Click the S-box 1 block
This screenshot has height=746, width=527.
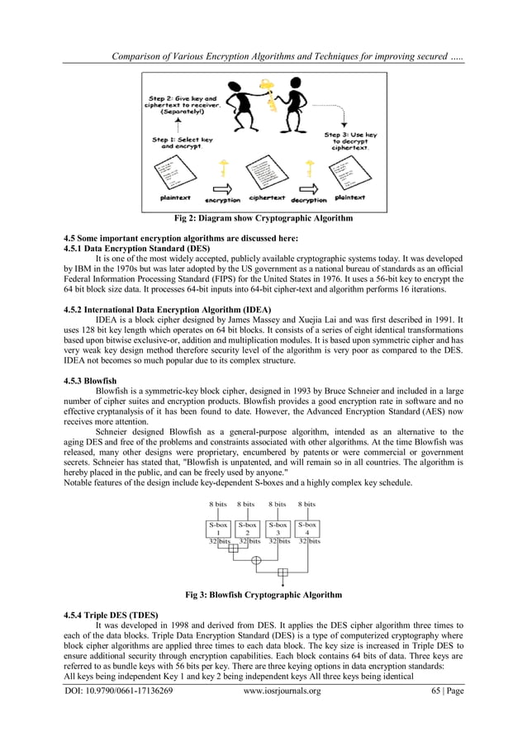pos(218,529)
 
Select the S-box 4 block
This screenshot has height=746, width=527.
pos(307,529)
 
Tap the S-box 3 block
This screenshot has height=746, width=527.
pos(278,529)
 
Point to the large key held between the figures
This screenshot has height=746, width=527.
pos(266,92)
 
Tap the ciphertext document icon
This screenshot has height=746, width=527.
pos(265,171)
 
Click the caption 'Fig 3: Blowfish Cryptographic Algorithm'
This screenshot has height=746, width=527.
pos(263,595)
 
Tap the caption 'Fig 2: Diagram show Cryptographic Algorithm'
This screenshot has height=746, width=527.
pos(263,219)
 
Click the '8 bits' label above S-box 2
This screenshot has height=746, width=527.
pos(247,503)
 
